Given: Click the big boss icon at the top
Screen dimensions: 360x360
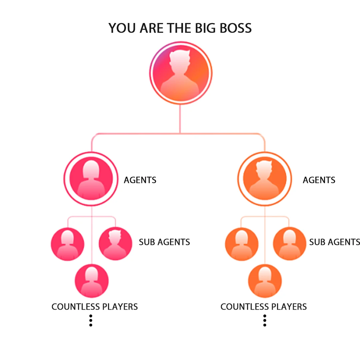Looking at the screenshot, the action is [x=180, y=73].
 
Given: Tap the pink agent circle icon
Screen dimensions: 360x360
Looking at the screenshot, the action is [x=91, y=179].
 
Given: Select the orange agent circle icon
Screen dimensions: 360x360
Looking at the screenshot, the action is [x=265, y=179].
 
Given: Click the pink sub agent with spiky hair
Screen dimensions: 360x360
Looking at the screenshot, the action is [x=115, y=244].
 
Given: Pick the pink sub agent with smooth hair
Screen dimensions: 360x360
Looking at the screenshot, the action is [x=68, y=244].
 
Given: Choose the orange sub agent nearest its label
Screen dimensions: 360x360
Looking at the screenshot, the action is [x=289, y=244].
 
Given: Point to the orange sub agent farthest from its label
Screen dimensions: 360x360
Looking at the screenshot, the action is [x=241, y=244].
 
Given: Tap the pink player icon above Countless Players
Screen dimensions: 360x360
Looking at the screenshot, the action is [x=92, y=281].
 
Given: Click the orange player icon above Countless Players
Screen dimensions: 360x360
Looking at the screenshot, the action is [x=265, y=281].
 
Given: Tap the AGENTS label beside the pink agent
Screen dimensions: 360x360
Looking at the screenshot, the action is [x=140, y=180].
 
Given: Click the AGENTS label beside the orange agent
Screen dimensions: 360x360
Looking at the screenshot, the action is [x=319, y=180].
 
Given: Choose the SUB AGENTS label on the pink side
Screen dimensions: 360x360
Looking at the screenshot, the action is [x=164, y=242].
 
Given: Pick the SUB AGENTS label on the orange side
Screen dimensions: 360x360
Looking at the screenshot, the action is [x=334, y=242].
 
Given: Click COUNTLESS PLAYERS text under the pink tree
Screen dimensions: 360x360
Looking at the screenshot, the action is [x=95, y=307].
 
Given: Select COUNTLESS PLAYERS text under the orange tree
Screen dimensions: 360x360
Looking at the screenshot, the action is [x=264, y=307].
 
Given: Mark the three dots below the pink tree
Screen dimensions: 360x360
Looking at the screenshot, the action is [x=91, y=320].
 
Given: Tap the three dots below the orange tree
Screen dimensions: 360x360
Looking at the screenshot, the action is [x=265, y=320].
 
